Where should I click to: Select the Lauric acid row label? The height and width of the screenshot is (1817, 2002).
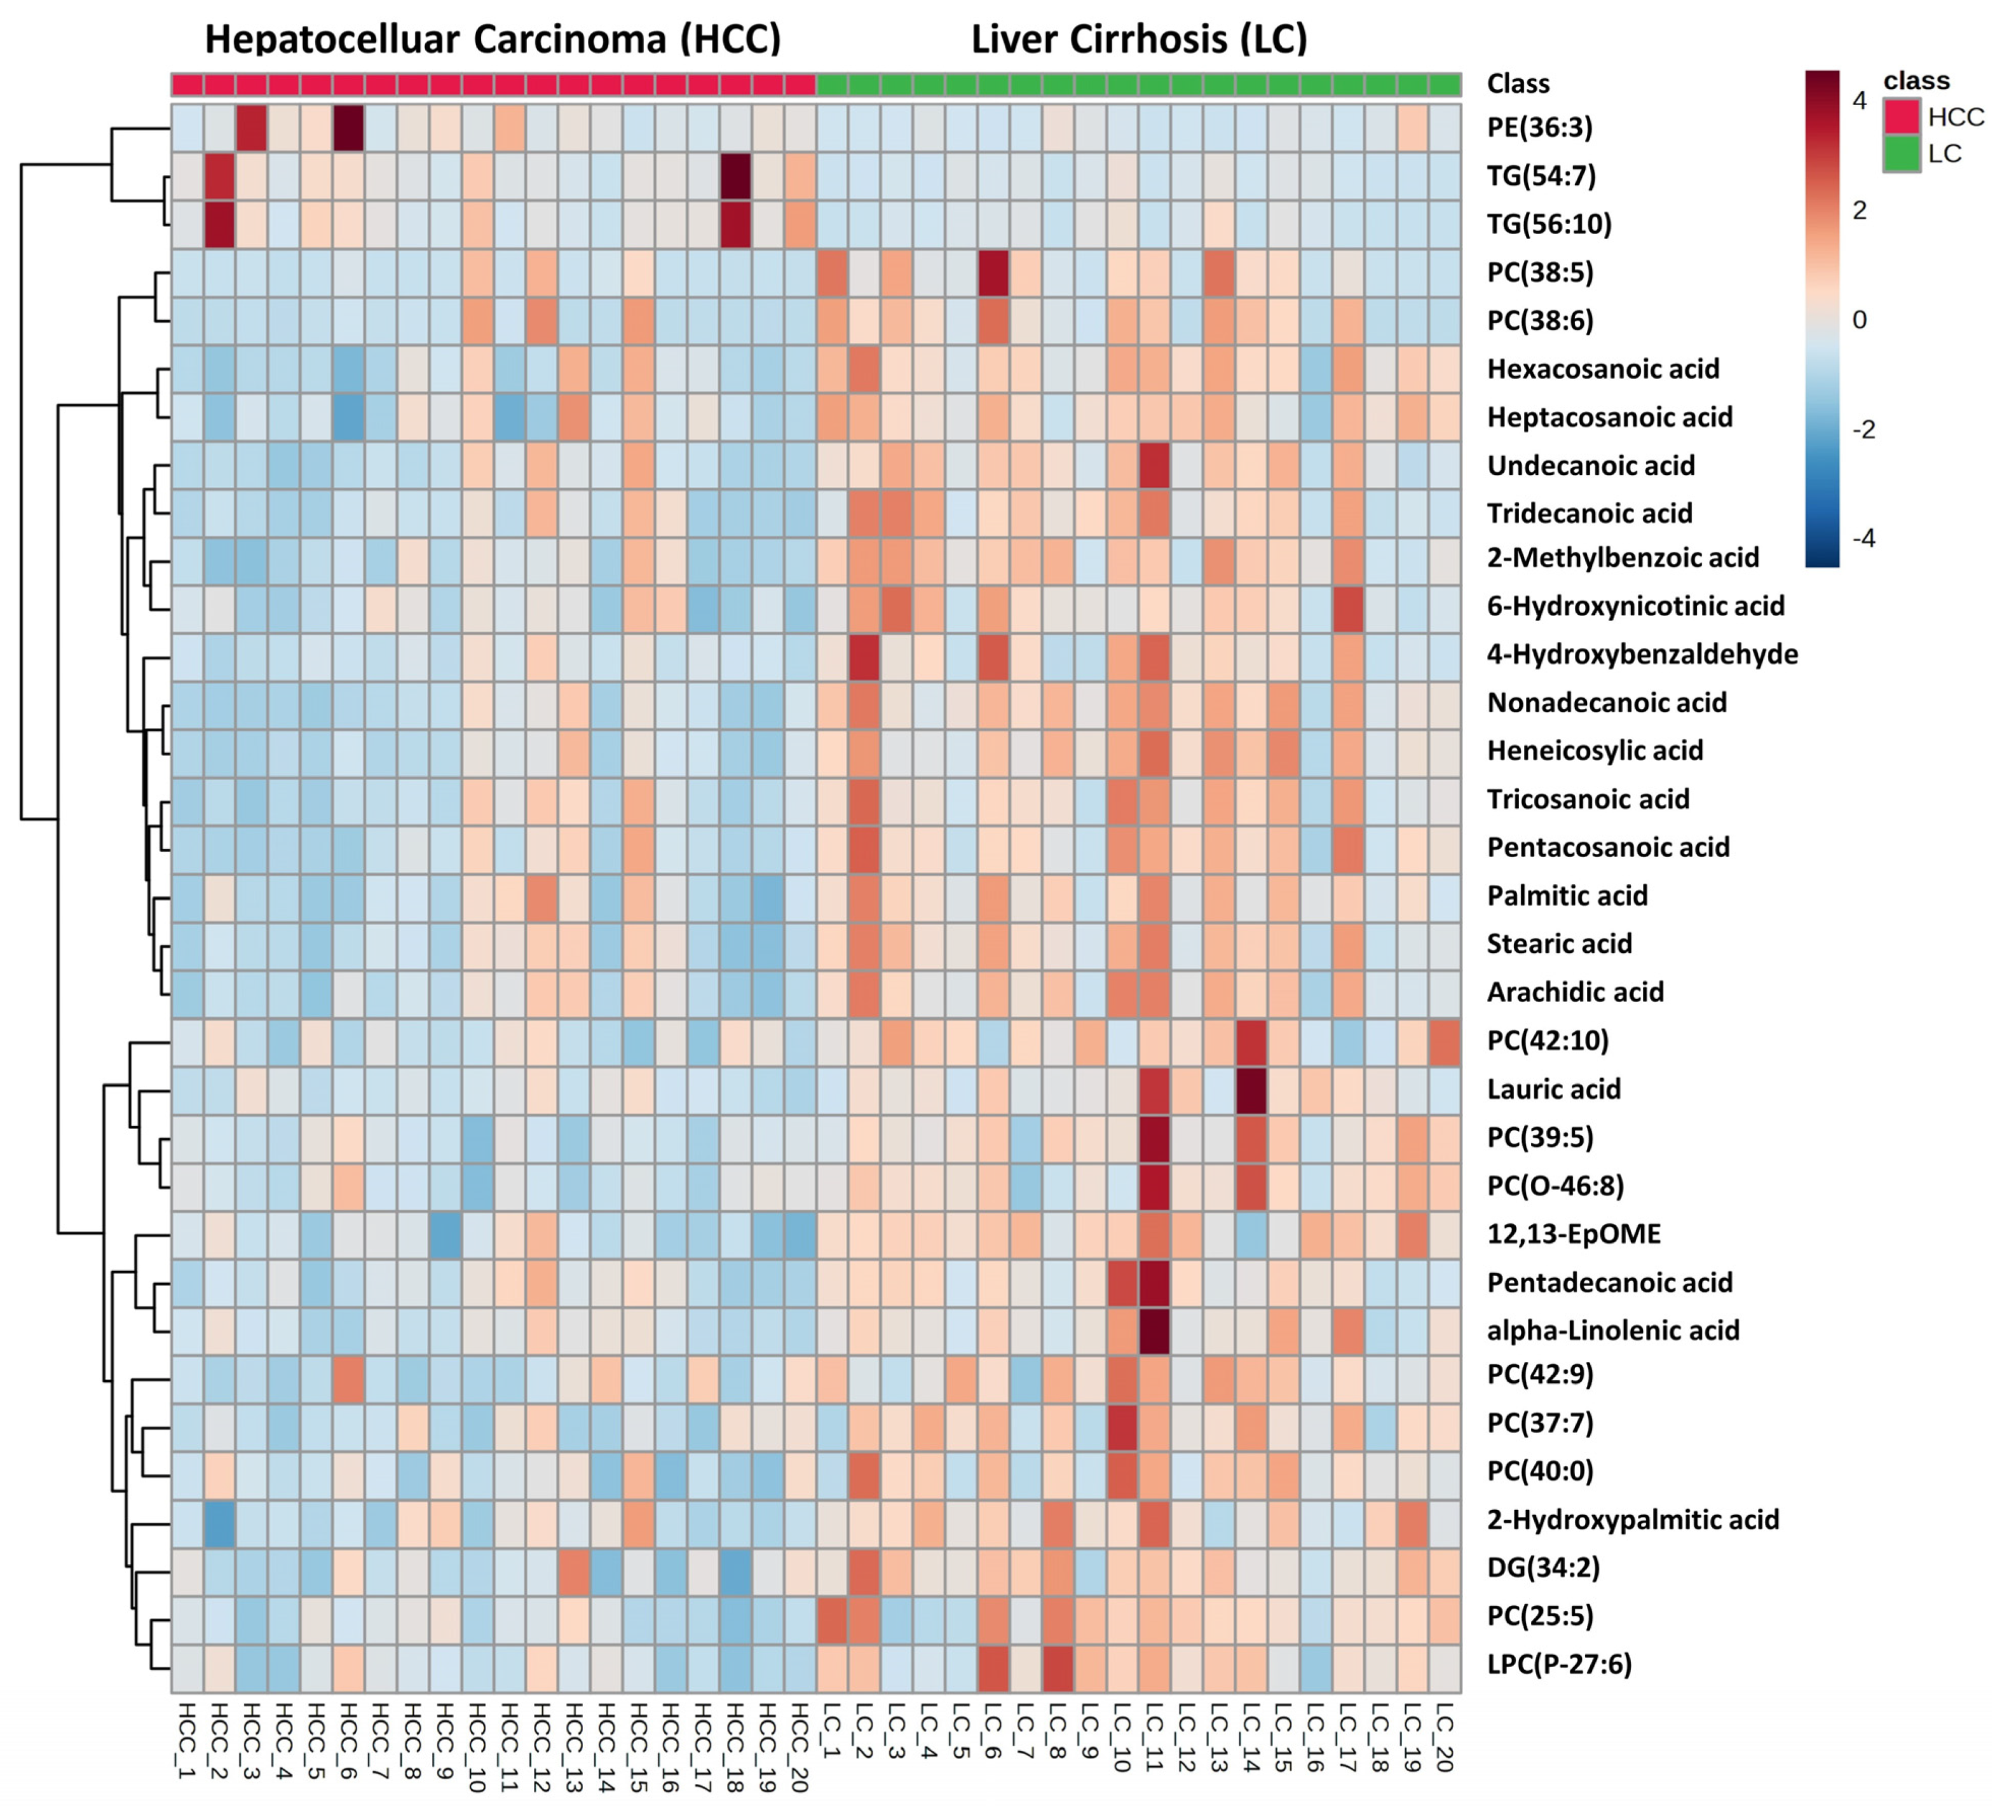[1553, 1089]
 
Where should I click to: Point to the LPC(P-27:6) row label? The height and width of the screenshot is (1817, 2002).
[1558, 1664]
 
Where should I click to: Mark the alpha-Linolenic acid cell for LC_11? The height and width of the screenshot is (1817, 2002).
[1154, 1330]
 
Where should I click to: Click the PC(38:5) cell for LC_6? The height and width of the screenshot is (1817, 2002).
[993, 272]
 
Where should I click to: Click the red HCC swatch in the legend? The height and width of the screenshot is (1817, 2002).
[1902, 116]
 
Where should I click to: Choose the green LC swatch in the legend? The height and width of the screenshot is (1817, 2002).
[1902, 153]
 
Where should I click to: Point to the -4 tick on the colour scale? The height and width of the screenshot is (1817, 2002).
[1863, 538]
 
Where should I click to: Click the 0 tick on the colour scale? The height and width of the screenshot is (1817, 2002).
[1859, 320]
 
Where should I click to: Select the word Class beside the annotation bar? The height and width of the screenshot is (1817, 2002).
[1518, 83]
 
